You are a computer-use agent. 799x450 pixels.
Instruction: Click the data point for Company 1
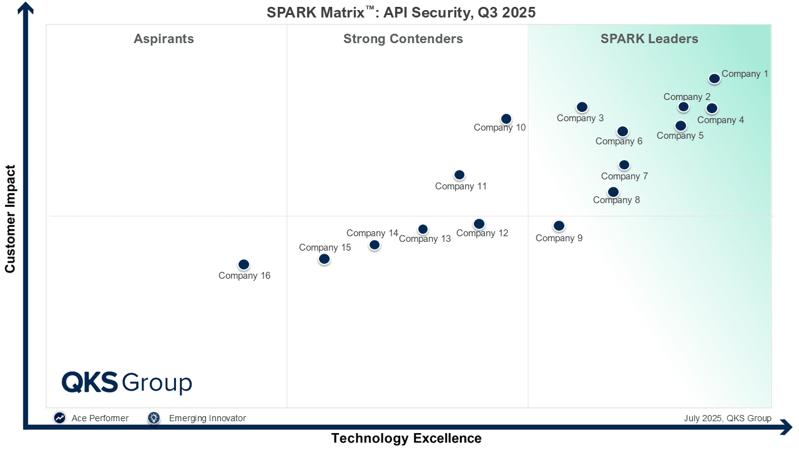pyautogui.click(x=714, y=79)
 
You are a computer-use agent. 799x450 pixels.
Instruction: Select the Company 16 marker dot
pyautogui.click(x=243, y=264)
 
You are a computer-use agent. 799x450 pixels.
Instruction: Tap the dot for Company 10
pyautogui.click(x=506, y=119)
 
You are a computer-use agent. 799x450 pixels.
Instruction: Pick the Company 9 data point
pyautogui.click(x=559, y=226)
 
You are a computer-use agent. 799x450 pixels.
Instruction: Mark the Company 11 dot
pyautogui.click(x=459, y=175)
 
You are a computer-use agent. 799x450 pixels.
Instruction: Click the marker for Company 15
pyautogui.click(x=324, y=259)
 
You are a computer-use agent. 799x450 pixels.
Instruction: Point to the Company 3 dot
pyautogui.click(x=582, y=107)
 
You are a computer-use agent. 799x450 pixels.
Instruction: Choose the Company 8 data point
pyautogui.click(x=613, y=192)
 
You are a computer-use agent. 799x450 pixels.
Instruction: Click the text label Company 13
pyautogui.click(x=424, y=239)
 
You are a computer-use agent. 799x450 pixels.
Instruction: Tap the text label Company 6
pyautogui.click(x=619, y=141)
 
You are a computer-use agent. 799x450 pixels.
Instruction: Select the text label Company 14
pyautogui.click(x=372, y=233)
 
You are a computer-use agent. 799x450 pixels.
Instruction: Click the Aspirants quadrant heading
pyautogui.click(x=164, y=39)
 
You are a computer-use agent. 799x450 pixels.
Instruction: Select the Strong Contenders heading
pyautogui.click(x=403, y=39)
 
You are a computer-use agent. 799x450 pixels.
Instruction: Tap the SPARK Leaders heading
pyautogui.click(x=649, y=39)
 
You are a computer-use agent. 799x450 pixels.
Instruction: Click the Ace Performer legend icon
pyautogui.click(x=59, y=418)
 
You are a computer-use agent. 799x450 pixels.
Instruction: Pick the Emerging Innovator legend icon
pyautogui.click(x=154, y=418)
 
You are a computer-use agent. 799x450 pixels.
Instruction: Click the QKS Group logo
pyautogui.click(x=127, y=382)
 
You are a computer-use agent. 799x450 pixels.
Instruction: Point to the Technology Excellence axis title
pyautogui.click(x=406, y=438)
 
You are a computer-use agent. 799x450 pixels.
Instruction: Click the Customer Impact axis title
pyautogui.click(x=10, y=219)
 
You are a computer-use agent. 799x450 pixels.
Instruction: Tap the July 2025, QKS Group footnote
pyautogui.click(x=727, y=418)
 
